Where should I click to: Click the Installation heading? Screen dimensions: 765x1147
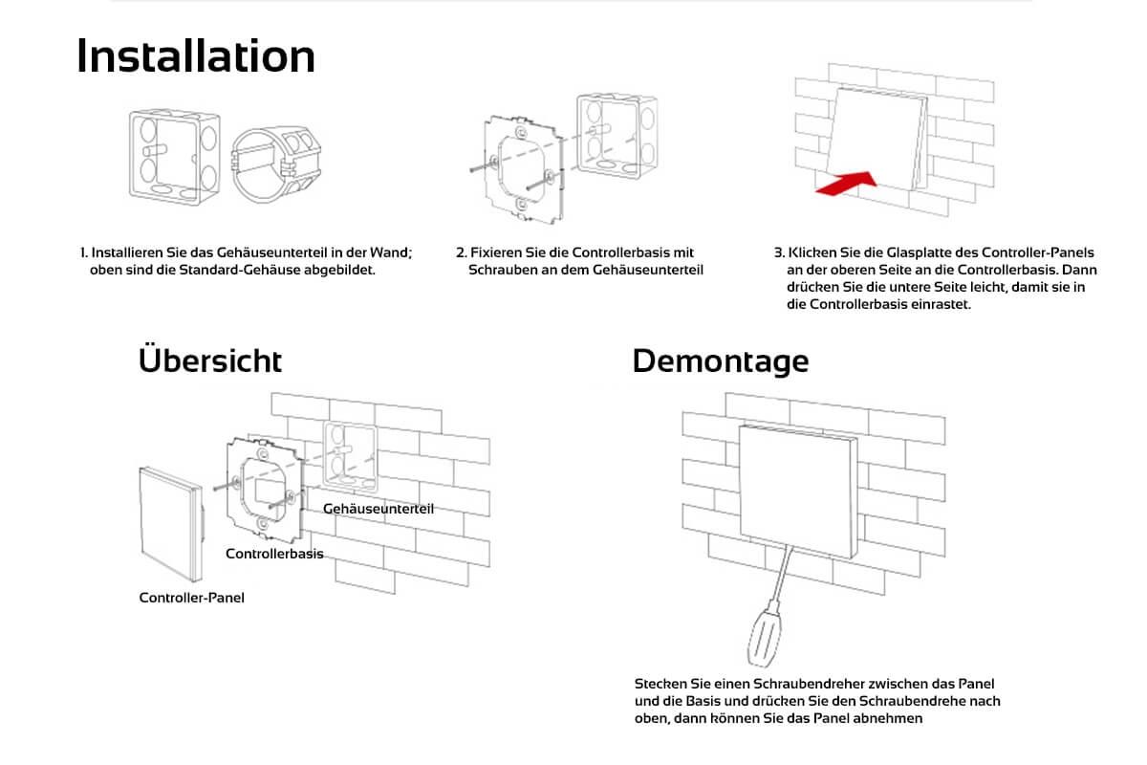[196, 56]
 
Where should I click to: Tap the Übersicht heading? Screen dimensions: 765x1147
[210, 361]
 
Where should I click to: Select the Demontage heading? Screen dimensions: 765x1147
[720, 361]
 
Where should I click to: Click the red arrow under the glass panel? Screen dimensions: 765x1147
[847, 183]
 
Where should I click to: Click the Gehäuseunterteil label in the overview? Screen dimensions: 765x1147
[379, 509]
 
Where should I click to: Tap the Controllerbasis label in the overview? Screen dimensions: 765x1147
[274, 554]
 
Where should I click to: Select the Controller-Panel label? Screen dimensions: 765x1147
[191, 598]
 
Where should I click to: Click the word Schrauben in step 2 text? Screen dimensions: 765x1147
[497, 271]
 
